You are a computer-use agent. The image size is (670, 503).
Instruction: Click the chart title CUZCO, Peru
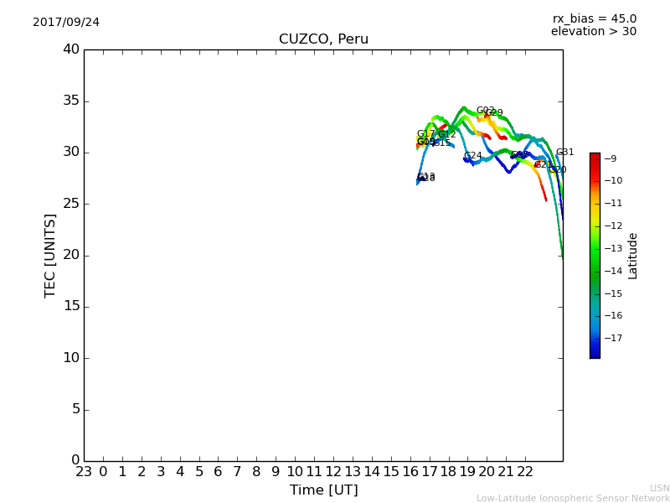point(323,39)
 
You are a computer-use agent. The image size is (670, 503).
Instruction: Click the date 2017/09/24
point(66,23)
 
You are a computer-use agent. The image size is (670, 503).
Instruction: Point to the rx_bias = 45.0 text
point(594,19)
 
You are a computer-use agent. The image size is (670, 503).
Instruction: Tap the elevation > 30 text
point(593,32)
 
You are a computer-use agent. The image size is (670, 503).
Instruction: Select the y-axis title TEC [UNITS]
point(50,255)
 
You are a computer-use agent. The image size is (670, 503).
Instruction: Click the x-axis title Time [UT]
point(323,490)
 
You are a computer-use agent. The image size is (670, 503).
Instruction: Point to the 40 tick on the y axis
point(70,49)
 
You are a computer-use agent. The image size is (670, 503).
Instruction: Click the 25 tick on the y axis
point(70,204)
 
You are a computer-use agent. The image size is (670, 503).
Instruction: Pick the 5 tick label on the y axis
point(75,409)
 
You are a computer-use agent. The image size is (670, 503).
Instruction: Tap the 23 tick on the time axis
point(84,472)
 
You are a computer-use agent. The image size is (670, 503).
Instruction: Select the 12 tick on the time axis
point(333,472)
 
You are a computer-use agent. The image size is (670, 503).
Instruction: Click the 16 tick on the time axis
point(410,472)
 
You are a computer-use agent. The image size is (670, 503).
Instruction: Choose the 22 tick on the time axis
point(525,472)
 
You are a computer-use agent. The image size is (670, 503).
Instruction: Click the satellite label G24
point(472,156)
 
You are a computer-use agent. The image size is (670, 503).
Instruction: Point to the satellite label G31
point(564,153)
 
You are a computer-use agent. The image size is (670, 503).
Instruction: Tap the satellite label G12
point(447,135)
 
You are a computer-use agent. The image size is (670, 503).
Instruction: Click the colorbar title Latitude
point(633,256)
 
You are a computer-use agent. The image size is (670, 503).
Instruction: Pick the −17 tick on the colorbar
point(612,339)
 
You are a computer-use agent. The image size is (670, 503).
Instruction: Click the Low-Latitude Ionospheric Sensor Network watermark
point(573,499)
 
